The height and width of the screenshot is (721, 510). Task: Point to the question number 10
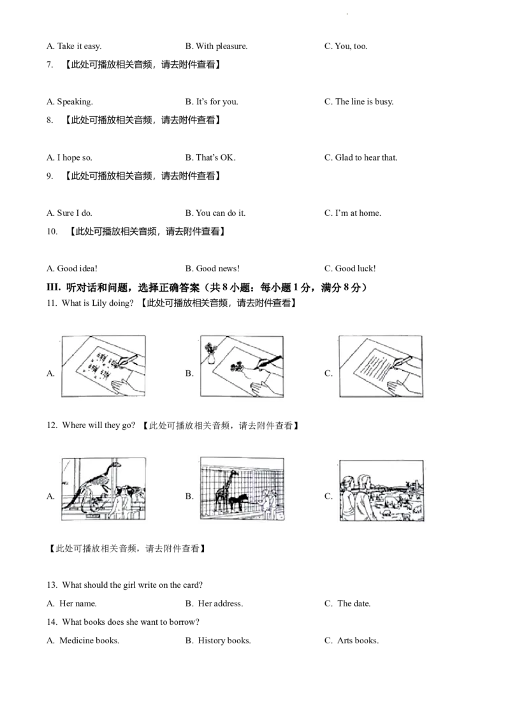point(52,231)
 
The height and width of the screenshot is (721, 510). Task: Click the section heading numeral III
point(54,287)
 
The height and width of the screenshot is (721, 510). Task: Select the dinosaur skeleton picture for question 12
point(103,489)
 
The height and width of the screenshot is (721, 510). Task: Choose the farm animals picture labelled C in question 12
point(382,490)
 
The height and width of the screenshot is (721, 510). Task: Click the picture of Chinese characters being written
point(103,366)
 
